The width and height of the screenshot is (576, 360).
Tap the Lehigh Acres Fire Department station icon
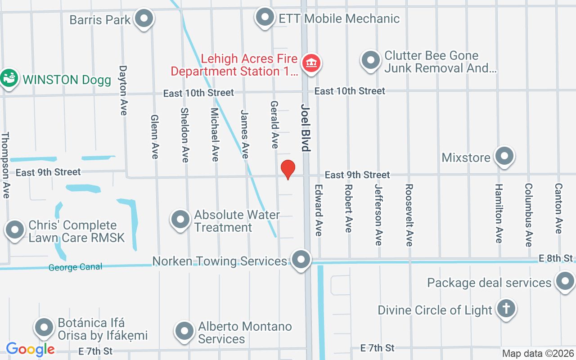310,63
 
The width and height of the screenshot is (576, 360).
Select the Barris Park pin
144,19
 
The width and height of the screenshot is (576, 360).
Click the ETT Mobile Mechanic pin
265,18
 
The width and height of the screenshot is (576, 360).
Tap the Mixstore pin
504,157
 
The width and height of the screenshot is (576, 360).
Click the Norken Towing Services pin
301,260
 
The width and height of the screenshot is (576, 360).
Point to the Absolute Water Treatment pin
180,220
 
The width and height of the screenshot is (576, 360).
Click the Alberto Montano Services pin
184,332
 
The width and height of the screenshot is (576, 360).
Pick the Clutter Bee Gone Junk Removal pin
371,60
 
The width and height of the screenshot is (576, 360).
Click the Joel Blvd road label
306,128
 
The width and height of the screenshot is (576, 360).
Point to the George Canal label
75,267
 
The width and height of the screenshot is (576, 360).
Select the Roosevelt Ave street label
409,215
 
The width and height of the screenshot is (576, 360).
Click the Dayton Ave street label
123,90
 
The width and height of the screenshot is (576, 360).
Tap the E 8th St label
556,258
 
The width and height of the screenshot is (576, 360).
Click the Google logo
30,349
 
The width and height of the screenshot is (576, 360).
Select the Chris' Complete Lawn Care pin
15,230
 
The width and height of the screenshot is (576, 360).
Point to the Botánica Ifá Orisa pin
45,328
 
